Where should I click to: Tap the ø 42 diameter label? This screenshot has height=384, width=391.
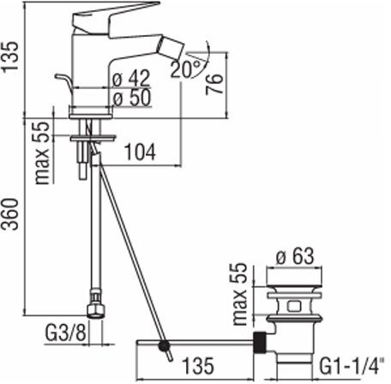click(131, 78)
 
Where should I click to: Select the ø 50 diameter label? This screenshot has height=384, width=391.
click(131, 98)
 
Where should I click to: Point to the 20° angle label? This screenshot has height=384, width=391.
click(186, 69)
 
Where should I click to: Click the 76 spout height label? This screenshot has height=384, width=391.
click(214, 84)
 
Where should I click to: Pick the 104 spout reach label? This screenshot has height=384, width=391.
click(141, 153)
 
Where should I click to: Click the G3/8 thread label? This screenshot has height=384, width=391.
click(65, 333)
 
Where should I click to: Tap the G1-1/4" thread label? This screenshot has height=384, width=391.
click(352, 367)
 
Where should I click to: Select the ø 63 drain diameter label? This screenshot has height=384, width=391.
click(295, 256)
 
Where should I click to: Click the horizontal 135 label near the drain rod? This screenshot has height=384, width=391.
click(198, 365)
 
